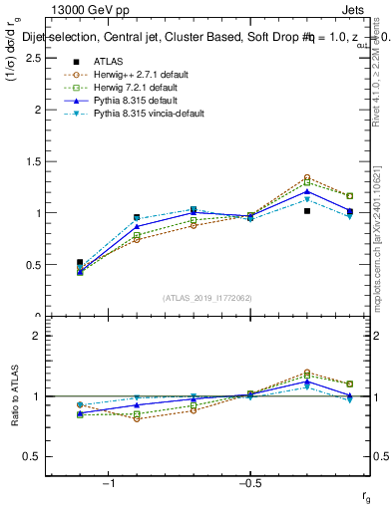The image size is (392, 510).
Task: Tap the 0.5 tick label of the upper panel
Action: pyautogui.click(x=32, y=265)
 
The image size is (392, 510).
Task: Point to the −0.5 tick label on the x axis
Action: pyautogui.click(x=248, y=483)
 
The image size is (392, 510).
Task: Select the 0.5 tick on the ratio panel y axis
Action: pyautogui.click(x=32, y=456)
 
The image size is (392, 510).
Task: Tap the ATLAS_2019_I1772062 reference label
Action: pyautogui.click(x=207, y=298)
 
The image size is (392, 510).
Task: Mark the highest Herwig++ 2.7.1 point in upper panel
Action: pyautogui.click(x=307, y=177)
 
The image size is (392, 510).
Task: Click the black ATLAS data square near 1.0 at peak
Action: pyautogui.click(x=307, y=211)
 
